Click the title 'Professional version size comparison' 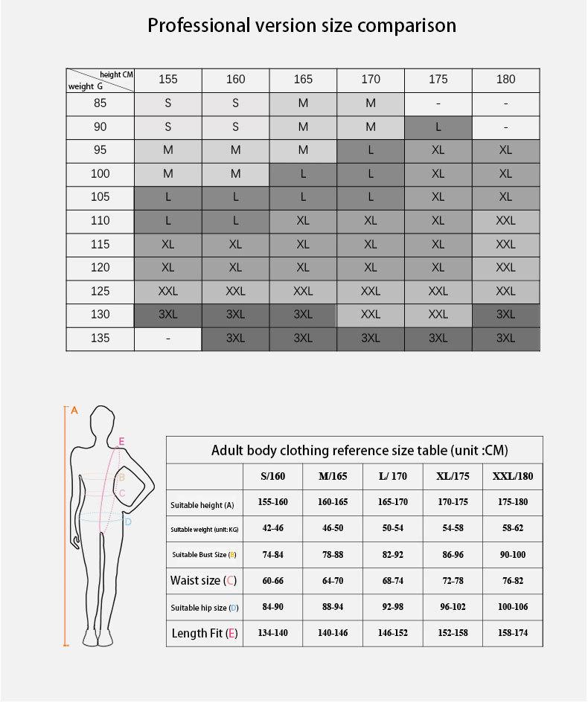pos(301,25)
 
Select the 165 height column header pos(303,80)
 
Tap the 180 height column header pos(505,80)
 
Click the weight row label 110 pos(100,221)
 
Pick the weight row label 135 pos(100,338)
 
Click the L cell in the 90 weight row pos(438,127)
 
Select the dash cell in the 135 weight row pos(168,338)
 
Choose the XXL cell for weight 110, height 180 pos(505,221)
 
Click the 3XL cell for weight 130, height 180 pos(505,315)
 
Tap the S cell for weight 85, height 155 pos(168,103)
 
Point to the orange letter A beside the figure pos(74,410)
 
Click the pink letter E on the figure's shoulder pos(121,441)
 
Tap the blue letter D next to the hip pos(128,522)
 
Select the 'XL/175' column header pos(452,476)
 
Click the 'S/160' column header pos(272,476)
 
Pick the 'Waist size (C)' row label pos(204,580)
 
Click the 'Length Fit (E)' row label pos(204,633)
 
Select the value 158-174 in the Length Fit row pos(513,633)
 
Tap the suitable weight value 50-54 pos(392,528)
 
